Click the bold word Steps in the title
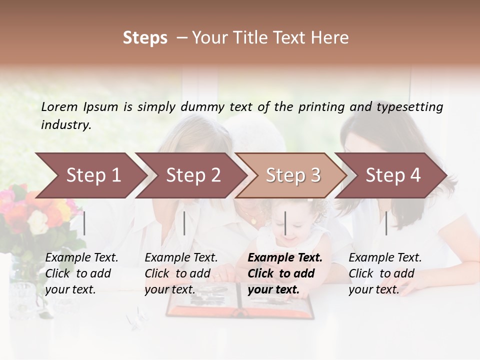[x=145, y=38]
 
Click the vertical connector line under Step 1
[x=84, y=223]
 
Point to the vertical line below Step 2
[x=184, y=223]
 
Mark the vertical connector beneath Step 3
[x=285, y=223]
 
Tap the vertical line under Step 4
[x=386, y=223]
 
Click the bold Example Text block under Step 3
[x=284, y=273]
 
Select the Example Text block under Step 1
[x=81, y=273]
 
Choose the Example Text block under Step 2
[x=181, y=273]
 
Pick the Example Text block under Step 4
[x=385, y=273]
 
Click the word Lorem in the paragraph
[x=59, y=106]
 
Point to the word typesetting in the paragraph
[x=409, y=107]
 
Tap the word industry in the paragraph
[x=65, y=125]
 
